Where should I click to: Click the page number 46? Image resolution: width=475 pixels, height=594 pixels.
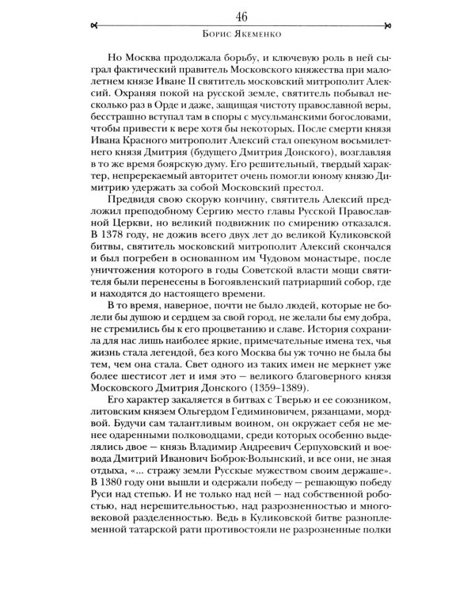coord(237,17)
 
